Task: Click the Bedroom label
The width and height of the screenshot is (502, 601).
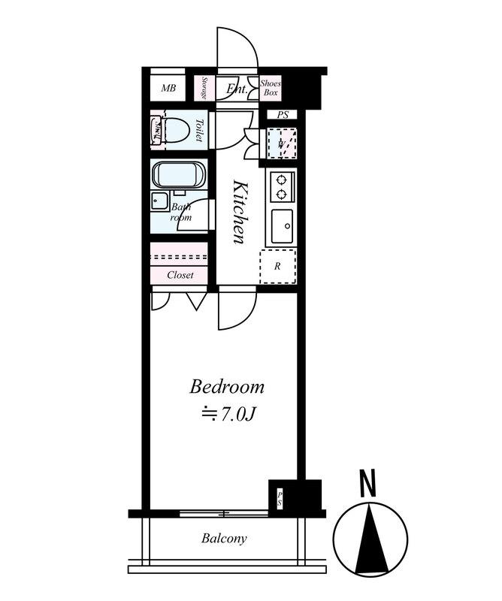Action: click(x=227, y=387)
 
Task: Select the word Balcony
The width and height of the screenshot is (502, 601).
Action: click(x=225, y=539)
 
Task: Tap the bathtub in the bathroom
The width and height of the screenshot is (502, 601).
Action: click(x=179, y=175)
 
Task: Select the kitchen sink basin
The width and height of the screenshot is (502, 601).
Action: click(x=283, y=226)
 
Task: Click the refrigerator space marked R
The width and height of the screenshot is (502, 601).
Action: click(x=277, y=267)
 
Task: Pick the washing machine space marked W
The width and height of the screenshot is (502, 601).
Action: click(x=282, y=143)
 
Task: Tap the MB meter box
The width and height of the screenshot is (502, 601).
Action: click(x=168, y=87)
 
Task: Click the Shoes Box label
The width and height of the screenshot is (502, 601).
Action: click(x=271, y=88)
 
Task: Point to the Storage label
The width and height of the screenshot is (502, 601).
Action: click(x=204, y=88)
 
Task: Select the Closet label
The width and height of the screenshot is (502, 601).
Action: click(x=180, y=275)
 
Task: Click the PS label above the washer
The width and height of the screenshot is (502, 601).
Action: click(x=283, y=115)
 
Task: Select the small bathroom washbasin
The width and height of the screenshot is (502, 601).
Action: click(x=159, y=201)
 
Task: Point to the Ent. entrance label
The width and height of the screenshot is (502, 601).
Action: click(x=237, y=89)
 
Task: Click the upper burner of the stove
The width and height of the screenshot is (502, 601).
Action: click(x=282, y=179)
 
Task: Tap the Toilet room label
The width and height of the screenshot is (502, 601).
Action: click(x=199, y=130)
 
